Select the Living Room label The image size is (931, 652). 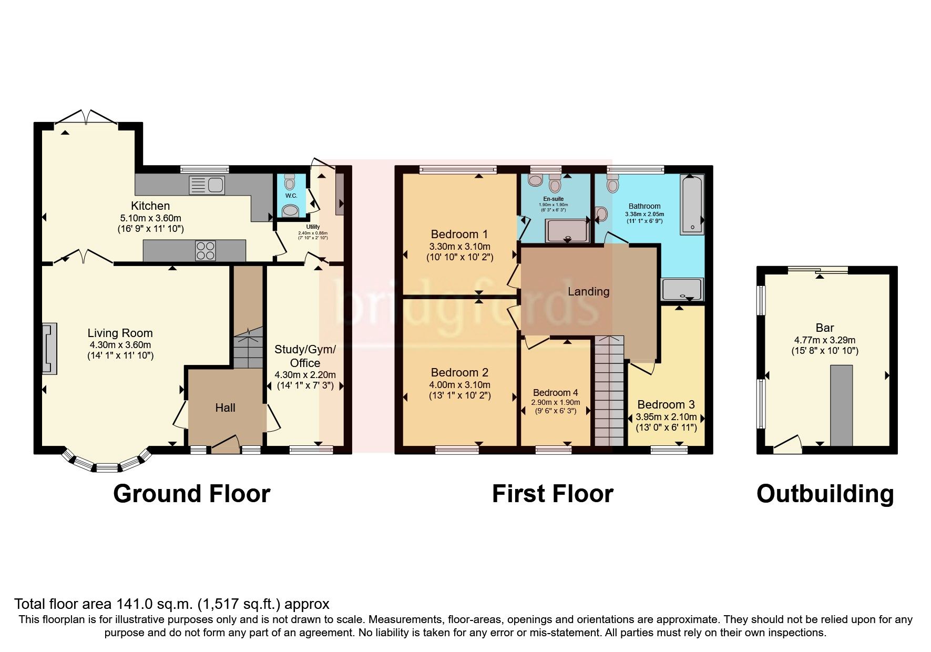tap(120, 333)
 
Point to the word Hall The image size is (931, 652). tap(225, 407)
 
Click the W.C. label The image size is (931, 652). tap(291, 196)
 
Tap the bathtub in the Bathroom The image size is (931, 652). tap(692, 205)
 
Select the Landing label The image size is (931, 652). tap(588, 291)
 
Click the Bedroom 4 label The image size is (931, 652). tap(555, 393)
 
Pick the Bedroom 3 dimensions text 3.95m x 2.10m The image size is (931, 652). tap(666, 417)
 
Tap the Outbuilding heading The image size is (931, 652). tap(825, 494)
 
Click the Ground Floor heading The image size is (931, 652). tap(192, 494)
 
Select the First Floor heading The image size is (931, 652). tap(553, 494)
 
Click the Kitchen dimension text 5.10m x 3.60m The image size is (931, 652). tap(150, 218)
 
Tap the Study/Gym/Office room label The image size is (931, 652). tap(305, 356)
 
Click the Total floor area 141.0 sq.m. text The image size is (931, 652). tap(171, 604)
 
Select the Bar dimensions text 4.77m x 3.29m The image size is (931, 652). tap(825, 340)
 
